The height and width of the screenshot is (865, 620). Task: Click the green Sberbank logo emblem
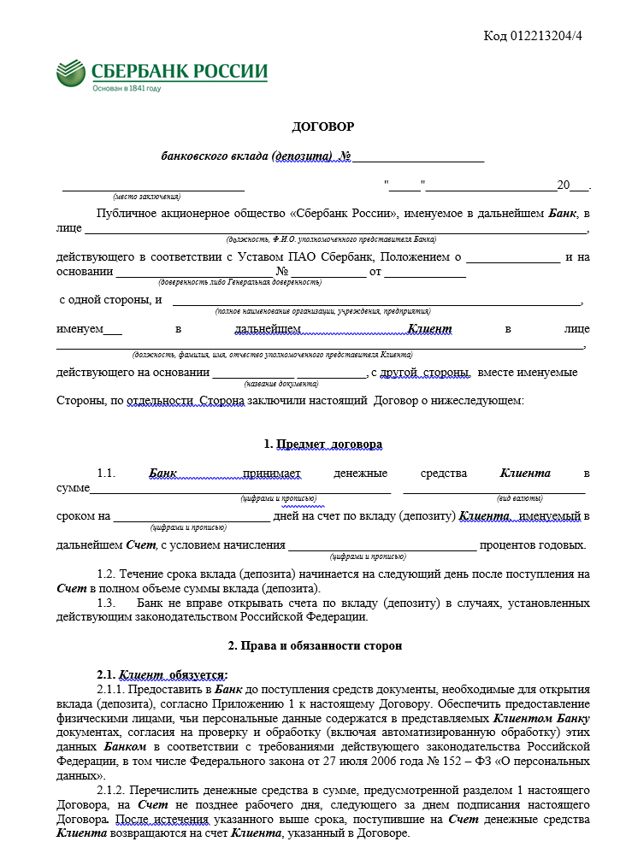(x=70, y=73)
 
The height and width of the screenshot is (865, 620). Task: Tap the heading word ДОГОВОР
(x=322, y=127)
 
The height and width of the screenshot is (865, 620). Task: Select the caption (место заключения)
(x=141, y=197)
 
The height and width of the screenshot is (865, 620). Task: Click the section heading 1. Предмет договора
(x=323, y=444)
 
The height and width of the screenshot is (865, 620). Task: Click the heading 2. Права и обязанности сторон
(x=322, y=646)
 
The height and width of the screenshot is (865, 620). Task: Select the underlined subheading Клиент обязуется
(x=174, y=674)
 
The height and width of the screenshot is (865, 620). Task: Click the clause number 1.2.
(x=106, y=574)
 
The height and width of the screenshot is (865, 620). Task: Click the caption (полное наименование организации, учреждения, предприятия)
(x=323, y=312)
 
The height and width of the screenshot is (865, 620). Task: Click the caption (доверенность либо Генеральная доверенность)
(x=239, y=282)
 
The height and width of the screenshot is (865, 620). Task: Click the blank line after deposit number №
(x=419, y=156)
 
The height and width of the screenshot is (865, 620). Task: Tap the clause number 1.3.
(x=106, y=603)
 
